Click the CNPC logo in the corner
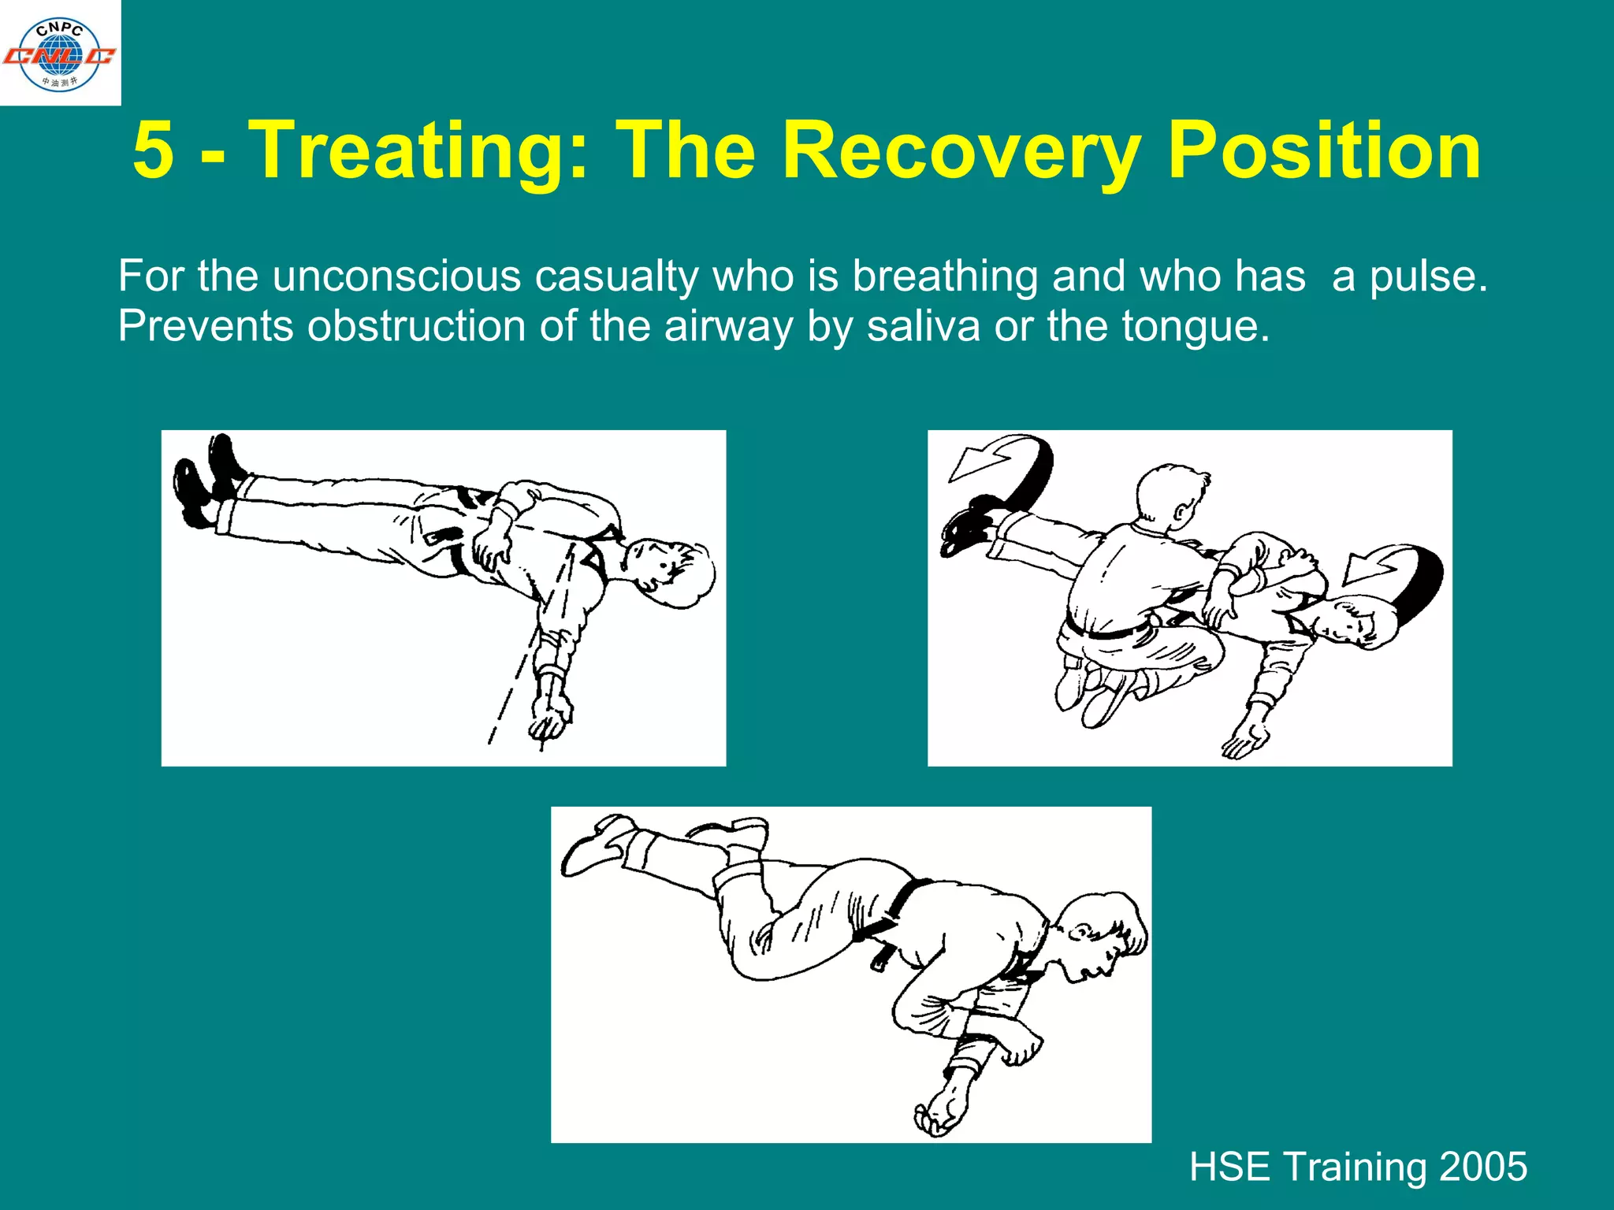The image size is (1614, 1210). [60, 54]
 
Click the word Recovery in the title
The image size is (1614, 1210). [961, 151]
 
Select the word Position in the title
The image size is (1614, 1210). [1324, 151]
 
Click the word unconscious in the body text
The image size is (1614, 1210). [396, 277]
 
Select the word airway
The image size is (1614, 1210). [728, 327]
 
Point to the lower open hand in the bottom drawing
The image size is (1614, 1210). [938, 1115]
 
